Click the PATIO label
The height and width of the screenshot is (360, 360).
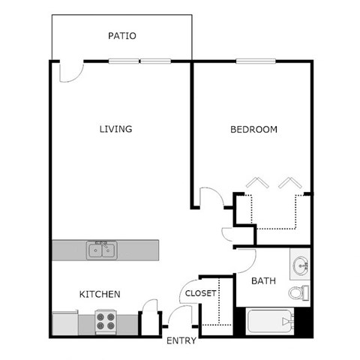point(122,36)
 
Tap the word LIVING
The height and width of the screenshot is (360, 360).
point(115,129)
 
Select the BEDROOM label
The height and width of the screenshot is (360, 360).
point(253,129)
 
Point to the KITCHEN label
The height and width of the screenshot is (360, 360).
point(100,294)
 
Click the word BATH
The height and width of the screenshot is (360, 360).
point(262,281)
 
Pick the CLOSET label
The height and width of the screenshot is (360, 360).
point(200,293)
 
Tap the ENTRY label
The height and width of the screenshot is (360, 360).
point(181,340)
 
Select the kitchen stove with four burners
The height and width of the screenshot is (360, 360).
point(105,322)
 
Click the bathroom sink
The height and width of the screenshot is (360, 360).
point(301,265)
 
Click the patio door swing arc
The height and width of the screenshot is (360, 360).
point(69,72)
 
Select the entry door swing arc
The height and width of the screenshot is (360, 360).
point(178,316)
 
